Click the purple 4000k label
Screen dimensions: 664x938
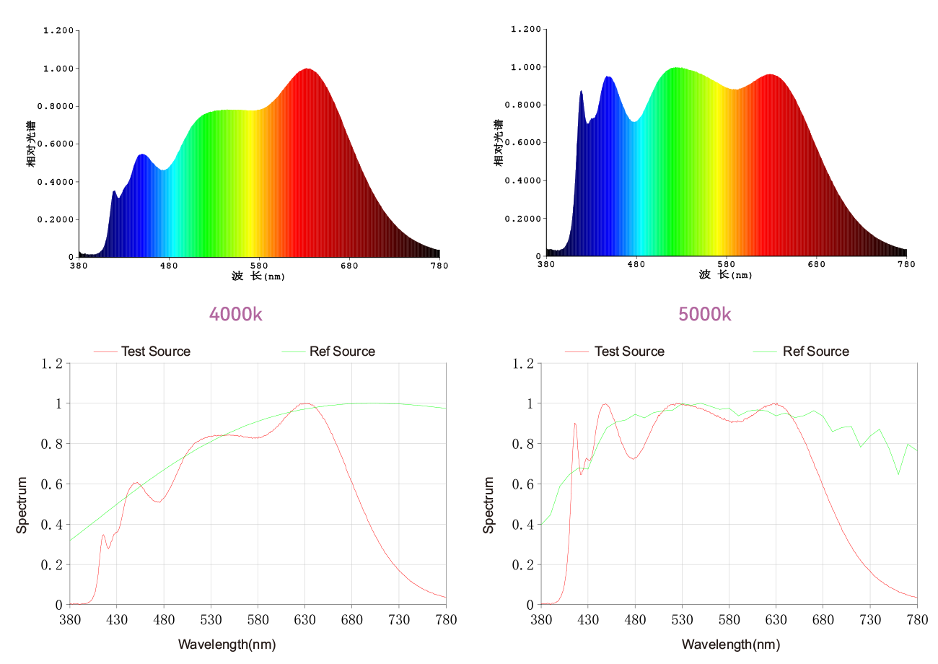(235, 314)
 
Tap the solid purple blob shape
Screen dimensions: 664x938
(705, 308)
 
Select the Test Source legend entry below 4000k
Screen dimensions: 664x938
(155, 351)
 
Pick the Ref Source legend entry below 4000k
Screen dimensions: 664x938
(342, 351)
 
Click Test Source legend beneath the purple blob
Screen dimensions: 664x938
(628, 351)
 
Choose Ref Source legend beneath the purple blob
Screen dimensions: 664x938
(815, 351)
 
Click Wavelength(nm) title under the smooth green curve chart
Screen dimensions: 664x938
(227, 644)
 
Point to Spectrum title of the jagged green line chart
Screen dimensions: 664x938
(489, 504)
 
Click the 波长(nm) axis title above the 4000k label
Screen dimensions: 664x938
(258, 276)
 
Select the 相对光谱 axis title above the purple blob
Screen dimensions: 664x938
(499, 142)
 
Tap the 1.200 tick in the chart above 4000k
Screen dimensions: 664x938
(58, 31)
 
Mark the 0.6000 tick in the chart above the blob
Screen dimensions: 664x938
(525, 143)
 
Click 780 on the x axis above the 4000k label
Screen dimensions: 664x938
(439, 266)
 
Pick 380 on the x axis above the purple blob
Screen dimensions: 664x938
(546, 264)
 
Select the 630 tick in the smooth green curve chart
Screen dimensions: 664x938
(305, 620)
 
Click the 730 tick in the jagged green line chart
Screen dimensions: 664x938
(870, 620)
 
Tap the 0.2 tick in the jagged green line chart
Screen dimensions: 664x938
(525, 565)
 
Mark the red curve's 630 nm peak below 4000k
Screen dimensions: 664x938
(306, 403)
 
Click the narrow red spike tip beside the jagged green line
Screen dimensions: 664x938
(574, 424)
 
